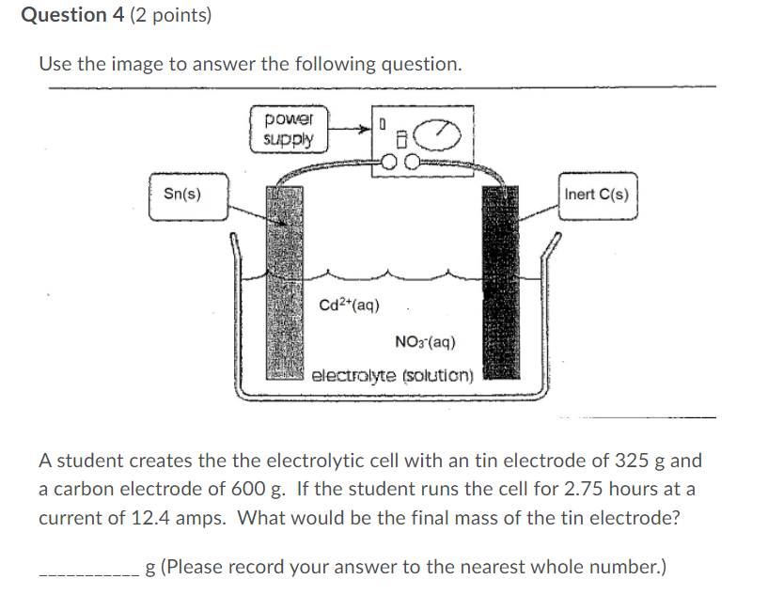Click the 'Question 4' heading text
63,16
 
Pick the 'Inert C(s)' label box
597,195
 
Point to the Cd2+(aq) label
349,305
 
